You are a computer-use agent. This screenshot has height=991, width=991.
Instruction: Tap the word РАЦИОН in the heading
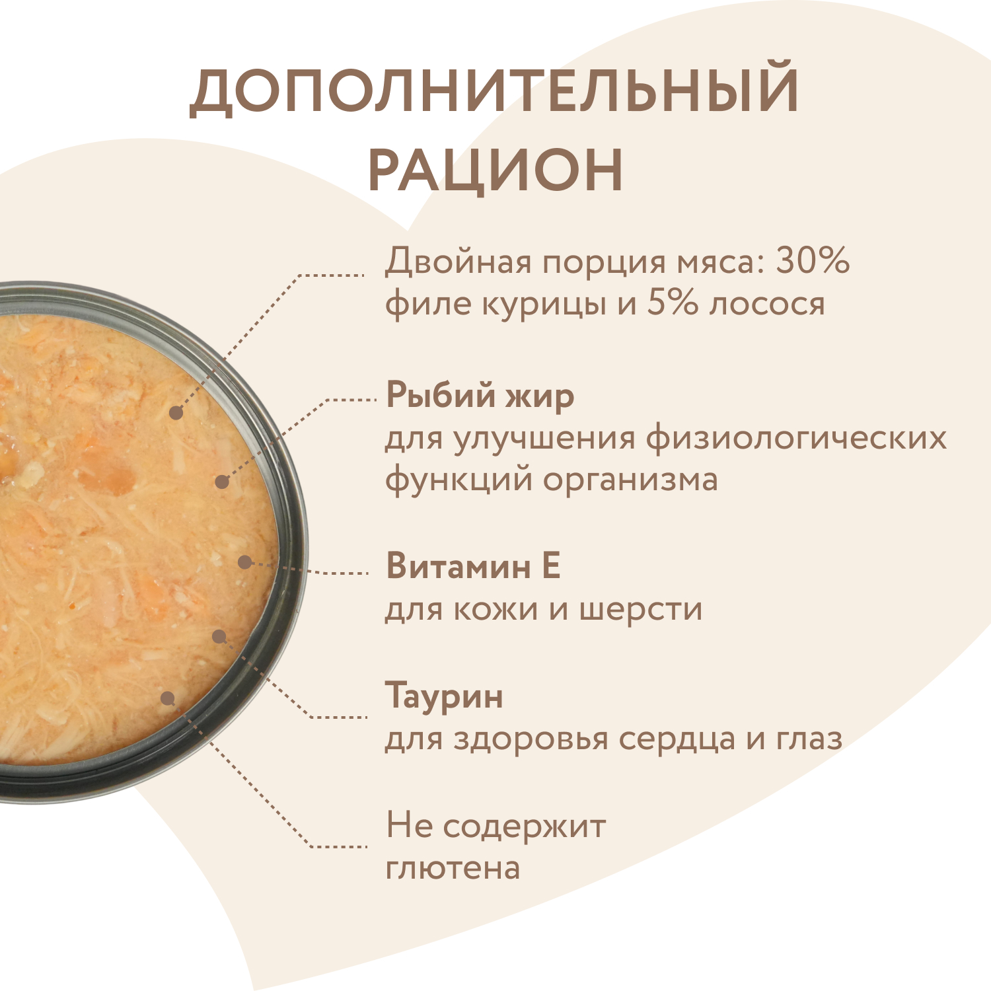point(495,170)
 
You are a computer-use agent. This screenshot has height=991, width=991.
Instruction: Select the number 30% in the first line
point(812,260)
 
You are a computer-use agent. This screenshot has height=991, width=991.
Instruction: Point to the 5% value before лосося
point(672,303)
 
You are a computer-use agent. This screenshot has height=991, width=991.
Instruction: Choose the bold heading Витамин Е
point(473,566)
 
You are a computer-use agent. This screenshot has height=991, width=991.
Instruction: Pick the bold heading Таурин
point(444,696)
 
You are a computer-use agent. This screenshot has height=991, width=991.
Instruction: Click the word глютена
point(453,868)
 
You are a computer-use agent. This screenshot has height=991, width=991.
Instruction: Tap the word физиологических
point(796,437)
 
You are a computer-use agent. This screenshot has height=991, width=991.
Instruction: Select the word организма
point(630,479)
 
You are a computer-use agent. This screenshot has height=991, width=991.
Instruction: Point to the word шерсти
point(641,608)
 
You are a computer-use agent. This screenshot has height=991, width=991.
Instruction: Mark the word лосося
point(767,303)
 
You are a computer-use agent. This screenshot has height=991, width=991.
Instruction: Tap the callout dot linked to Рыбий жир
point(222,482)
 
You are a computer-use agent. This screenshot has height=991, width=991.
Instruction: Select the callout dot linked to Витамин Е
point(244,562)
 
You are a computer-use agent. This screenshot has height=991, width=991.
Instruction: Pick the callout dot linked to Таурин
point(219,636)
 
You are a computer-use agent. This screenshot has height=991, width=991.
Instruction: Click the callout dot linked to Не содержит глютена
point(168,698)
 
